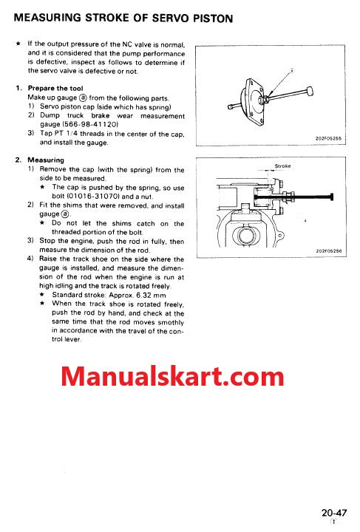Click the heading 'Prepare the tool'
(x=56, y=88)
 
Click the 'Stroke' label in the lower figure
(x=282, y=166)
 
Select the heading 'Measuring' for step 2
(x=46, y=160)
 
